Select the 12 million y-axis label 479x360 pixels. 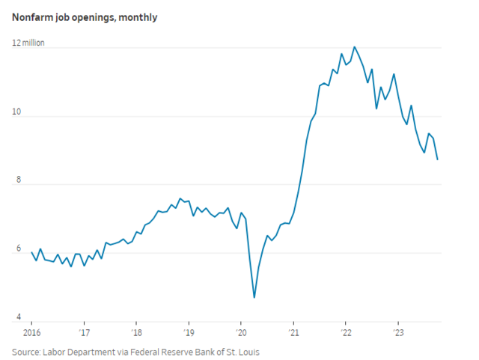(28, 43)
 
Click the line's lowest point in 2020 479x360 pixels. (254, 298)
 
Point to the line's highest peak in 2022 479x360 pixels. (355, 47)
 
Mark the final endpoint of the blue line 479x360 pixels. (438, 159)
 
